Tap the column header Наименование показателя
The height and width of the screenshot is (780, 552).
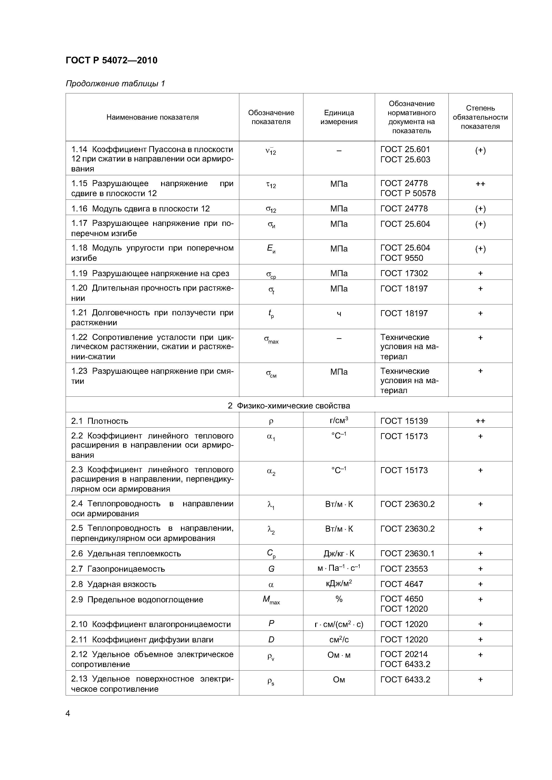click(152, 117)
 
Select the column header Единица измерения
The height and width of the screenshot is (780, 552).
click(339, 117)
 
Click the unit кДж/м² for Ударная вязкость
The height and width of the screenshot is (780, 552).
click(339, 584)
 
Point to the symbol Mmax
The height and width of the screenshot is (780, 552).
click(271, 600)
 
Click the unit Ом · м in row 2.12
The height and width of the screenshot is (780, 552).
click(339, 655)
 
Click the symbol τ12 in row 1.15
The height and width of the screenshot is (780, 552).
click(271, 185)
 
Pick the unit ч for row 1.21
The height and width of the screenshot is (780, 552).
click(339, 314)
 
